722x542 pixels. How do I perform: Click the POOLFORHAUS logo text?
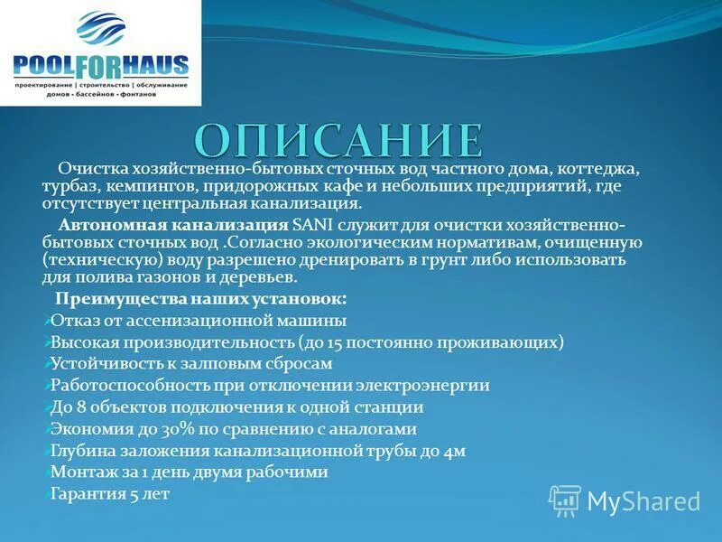point(101,65)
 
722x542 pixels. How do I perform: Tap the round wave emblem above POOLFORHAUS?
point(102,30)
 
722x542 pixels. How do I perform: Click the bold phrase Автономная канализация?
point(173,224)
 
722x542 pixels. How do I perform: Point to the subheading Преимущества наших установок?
point(200,299)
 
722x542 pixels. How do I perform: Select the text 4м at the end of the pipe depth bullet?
point(454,451)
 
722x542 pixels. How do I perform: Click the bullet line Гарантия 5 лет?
point(110,494)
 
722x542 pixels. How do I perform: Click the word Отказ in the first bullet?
point(73,321)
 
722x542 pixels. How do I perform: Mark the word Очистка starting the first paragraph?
point(88,169)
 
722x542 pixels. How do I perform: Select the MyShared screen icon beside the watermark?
point(566,500)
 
